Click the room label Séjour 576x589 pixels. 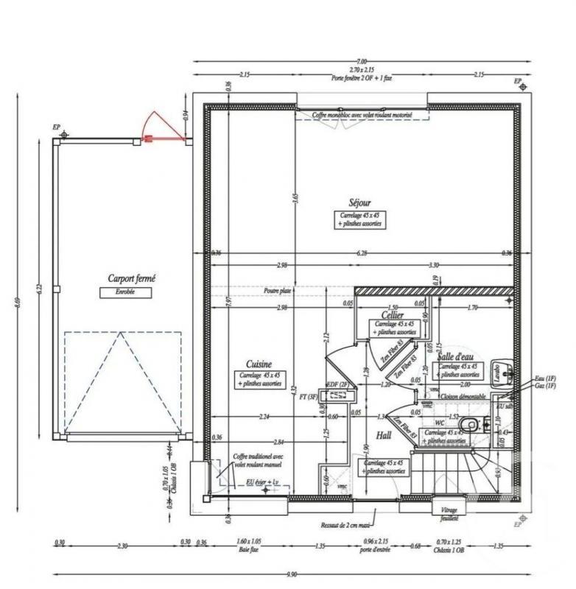(x=360, y=203)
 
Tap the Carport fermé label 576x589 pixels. (x=131, y=279)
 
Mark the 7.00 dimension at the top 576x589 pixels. (x=361, y=61)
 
